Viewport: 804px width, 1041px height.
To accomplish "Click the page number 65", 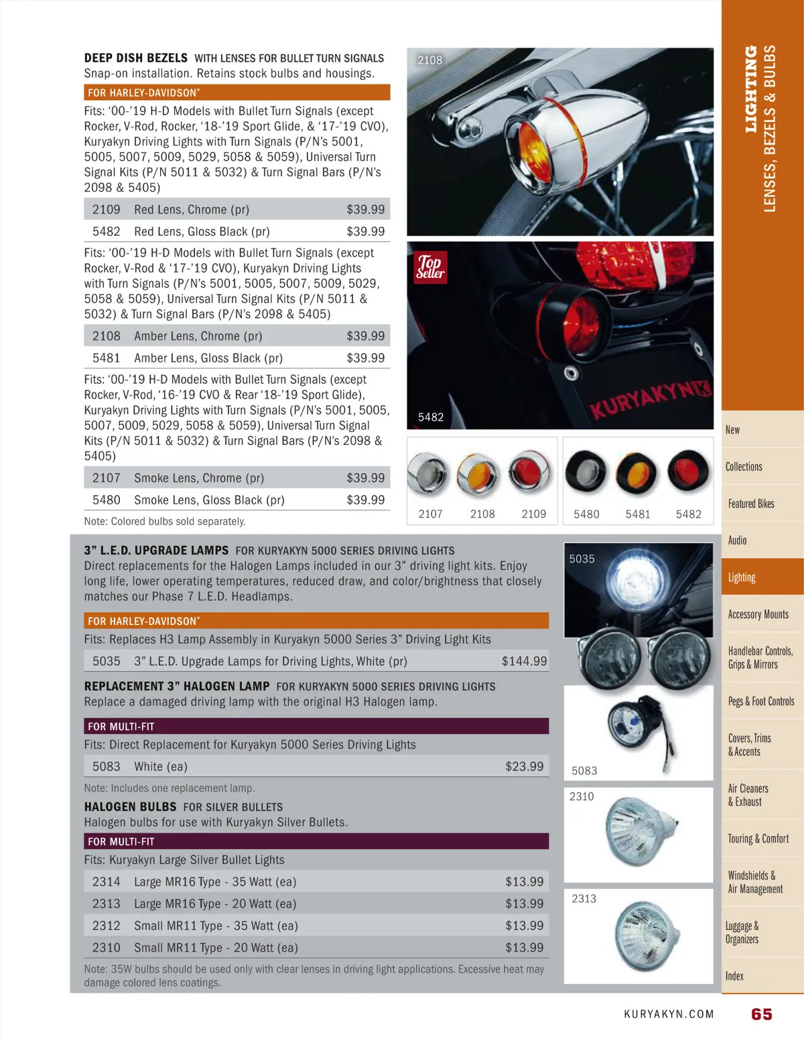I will point(761,1014).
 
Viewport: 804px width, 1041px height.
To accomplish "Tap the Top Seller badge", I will point(430,267).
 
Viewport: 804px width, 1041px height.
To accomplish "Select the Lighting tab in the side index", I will point(742,577).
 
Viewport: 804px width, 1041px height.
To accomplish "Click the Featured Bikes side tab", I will point(751,504).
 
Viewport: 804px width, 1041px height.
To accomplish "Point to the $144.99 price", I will point(524,661).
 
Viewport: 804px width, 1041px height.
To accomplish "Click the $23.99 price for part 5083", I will point(524,766).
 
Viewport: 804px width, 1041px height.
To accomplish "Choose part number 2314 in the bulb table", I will point(107,882).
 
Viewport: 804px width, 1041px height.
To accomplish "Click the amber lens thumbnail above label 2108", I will point(477,473).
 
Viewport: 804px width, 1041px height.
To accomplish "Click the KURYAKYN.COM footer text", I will point(669,1014).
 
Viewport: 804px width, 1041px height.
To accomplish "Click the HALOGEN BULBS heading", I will point(130,807).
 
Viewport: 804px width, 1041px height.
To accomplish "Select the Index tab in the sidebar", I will point(734,976).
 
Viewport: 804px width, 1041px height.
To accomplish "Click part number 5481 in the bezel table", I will point(107,358).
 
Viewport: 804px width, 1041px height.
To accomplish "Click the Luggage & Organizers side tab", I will point(742,932).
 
